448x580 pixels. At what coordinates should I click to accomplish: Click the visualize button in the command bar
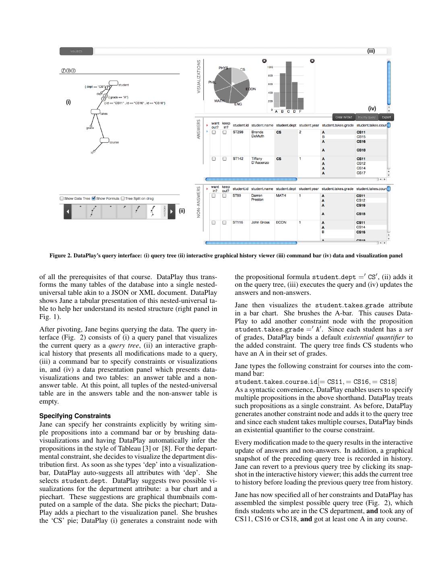click(x=76, y=51)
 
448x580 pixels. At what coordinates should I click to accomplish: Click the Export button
click(x=386, y=117)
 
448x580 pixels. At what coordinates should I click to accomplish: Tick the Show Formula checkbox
click(x=94, y=198)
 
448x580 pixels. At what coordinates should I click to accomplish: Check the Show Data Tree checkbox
click(x=62, y=198)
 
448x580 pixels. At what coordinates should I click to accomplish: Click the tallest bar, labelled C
click(x=288, y=85)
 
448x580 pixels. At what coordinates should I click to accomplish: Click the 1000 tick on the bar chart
click(x=270, y=67)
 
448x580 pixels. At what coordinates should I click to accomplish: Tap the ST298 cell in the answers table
click(x=238, y=132)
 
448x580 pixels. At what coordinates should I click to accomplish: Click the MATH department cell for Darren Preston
click(x=281, y=196)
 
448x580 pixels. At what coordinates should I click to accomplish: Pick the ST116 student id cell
click(x=238, y=222)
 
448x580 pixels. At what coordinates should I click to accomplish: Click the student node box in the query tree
click(x=114, y=83)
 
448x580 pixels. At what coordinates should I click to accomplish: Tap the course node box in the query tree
click(x=104, y=140)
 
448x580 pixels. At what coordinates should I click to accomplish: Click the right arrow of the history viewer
click(x=172, y=211)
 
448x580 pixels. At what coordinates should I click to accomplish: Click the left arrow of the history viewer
click(x=68, y=211)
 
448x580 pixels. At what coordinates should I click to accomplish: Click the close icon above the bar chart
click(x=312, y=61)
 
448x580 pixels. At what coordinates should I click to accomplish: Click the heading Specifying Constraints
click(x=75, y=416)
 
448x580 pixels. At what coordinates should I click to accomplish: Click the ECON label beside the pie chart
click(x=250, y=89)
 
